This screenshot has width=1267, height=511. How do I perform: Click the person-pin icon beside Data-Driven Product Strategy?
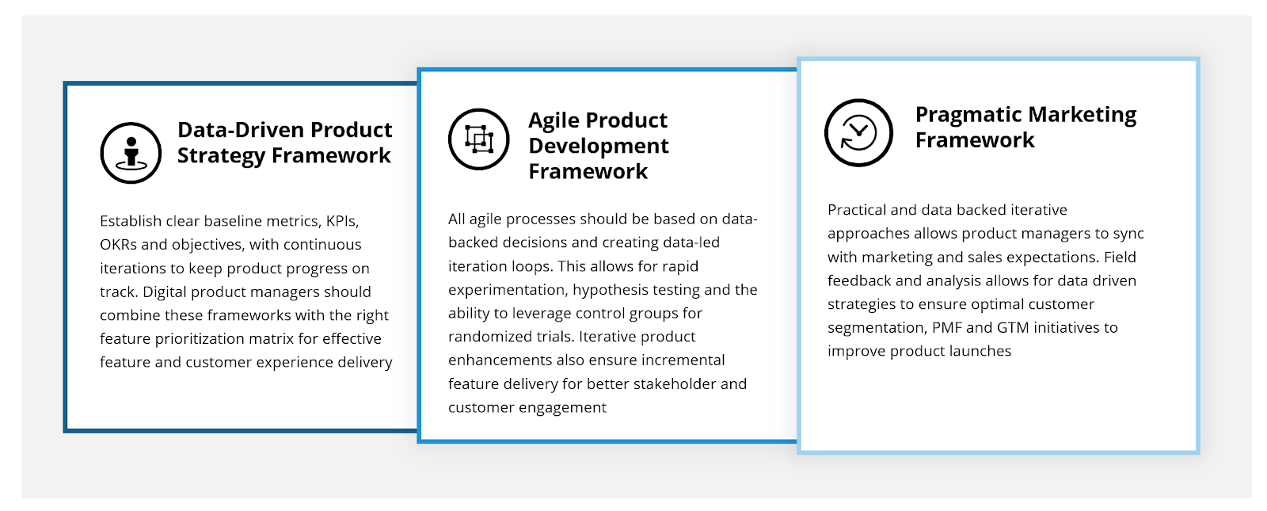click(131, 153)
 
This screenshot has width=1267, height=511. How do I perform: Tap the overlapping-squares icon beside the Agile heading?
click(478, 139)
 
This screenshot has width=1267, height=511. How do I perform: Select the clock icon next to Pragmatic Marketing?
click(858, 133)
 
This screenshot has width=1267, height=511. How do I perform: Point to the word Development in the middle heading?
click(599, 147)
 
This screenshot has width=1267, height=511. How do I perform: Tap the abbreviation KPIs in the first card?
click(342, 221)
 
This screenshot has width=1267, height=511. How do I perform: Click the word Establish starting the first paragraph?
click(131, 221)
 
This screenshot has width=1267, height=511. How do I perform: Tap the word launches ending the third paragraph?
click(980, 351)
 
